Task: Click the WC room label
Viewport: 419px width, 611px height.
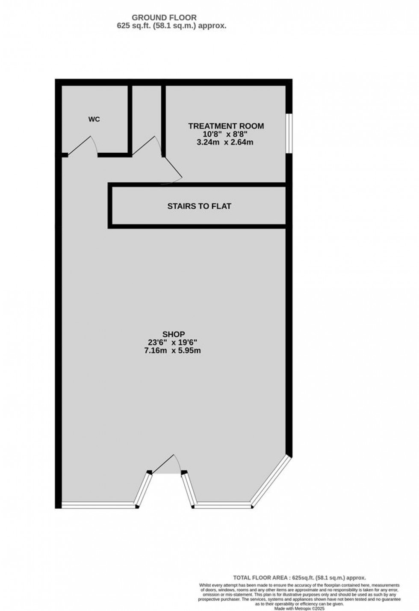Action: point(94,119)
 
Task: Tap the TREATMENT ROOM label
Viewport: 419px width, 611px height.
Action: point(226,126)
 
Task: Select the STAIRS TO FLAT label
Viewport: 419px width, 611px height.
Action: point(199,206)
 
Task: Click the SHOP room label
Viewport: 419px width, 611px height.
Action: point(173,334)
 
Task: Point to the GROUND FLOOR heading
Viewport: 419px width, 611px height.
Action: point(164,18)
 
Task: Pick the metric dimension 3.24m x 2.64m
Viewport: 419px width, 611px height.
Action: point(224,142)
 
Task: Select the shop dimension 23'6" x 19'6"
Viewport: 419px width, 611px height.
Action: point(173,342)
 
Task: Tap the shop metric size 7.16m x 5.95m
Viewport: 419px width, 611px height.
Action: point(173,350)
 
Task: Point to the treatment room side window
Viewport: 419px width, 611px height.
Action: point(289,133)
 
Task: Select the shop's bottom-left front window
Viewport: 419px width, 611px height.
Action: point(99,505)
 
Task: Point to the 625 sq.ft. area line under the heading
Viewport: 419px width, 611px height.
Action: point(171,26)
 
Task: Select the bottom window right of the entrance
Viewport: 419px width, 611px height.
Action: point(223,506)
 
